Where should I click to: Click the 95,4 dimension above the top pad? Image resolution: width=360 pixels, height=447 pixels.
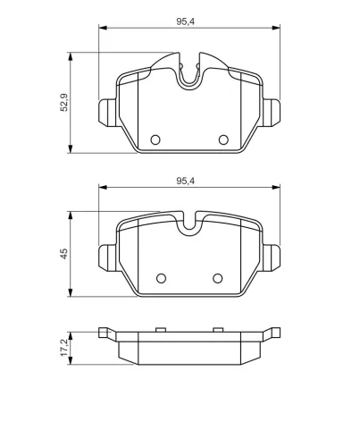[185, 21]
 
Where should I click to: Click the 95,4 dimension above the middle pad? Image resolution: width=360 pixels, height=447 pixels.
[185, 181]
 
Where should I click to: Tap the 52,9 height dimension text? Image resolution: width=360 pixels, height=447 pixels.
[64, 103]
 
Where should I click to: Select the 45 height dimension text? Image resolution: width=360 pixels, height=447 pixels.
[64, 254]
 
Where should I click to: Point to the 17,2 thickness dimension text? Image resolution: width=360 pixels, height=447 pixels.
[64, 348]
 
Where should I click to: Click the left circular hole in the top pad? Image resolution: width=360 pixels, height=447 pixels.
[155, 139]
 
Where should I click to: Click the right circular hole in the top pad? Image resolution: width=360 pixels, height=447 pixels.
[223, 139]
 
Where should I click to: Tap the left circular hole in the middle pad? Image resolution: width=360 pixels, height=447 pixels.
[161, 278]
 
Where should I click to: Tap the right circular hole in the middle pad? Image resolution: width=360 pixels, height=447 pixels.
[218, 278]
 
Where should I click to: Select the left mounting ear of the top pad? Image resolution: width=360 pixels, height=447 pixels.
[107, 113]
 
